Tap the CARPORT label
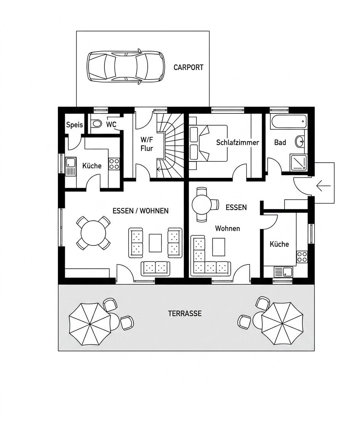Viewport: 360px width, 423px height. (x=188, y=68)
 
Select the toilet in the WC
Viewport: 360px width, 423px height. (x=96, y=124)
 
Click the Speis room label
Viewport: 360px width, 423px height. (x=74, y=125)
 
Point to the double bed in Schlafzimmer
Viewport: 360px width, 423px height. (x=208, y=143)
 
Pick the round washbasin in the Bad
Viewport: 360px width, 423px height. (x=300, y=141)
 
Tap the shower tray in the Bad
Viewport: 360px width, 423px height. (x=298, y=162)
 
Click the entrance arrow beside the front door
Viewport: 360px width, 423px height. (x=323, y=186)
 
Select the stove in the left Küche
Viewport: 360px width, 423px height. (x=114, y=164)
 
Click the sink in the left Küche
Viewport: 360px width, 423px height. (x=71, y=166)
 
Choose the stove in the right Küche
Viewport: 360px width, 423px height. (x=302, y=257)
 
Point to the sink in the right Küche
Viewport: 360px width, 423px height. (x=283, y=272)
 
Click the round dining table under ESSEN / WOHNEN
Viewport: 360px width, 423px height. (x=93, y=233)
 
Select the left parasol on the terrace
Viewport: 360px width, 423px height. (x=90, y=324)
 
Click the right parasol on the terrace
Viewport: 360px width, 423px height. (x=283, y=323)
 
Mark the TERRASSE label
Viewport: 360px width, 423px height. (x=185, y=313)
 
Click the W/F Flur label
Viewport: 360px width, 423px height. (x=146, y=144)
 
